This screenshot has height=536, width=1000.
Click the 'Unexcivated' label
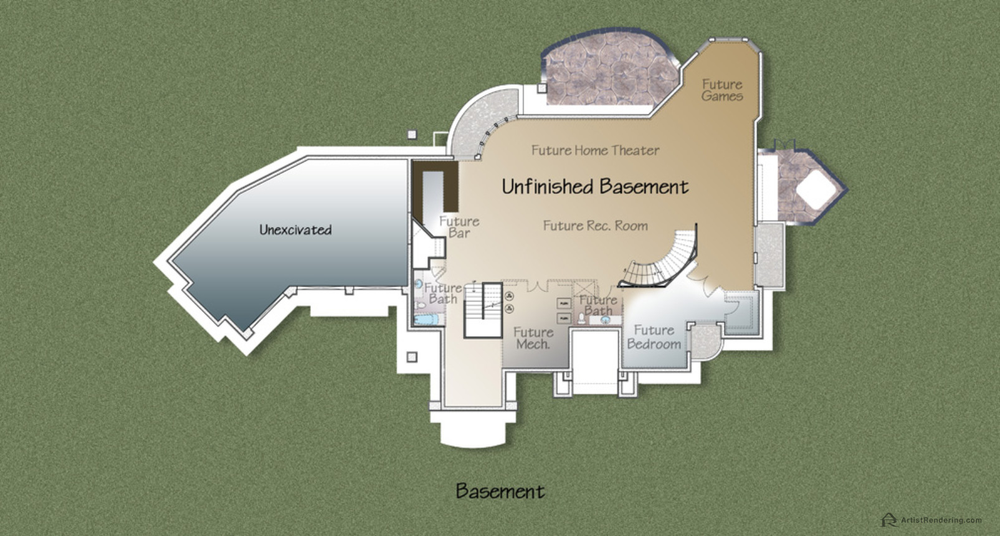[295, 229]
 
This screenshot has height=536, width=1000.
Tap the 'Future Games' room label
[722, 90]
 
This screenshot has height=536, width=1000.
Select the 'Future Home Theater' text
[595, 150]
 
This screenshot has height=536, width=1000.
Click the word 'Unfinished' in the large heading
[547, 186]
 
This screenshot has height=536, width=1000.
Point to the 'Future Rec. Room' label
[596, 226]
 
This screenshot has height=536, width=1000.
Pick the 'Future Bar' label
[459, 227]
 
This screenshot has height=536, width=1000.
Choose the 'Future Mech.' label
[533, 338]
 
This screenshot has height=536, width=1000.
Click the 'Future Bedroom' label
[654, 337]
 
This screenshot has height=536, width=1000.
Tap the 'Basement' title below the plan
[500, 491]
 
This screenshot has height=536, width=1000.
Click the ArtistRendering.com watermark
[932, 520]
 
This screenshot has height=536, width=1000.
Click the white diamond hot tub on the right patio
[816, 189]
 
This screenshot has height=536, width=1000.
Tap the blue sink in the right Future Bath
[605, 319]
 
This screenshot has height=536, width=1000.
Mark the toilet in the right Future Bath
[581, 318]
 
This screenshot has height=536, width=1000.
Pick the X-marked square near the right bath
[585, 289]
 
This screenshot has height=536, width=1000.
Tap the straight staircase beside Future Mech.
[483, 310]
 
